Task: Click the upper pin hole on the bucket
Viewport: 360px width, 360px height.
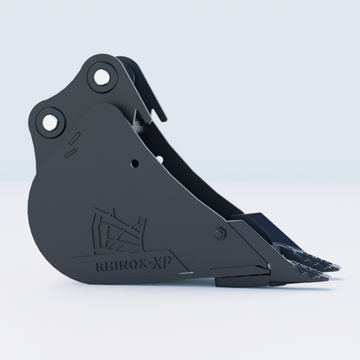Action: pyautogui.click(x=101, y=76)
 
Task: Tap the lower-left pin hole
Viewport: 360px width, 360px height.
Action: pyautogui.click(x=49, y=122)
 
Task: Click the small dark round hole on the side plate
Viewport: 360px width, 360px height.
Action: pyautogui.click(x=134, y=164)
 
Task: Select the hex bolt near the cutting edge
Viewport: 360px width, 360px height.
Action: pyautogui.click(x=221, y=233)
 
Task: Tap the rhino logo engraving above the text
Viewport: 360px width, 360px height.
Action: pyautogui.click(x=119, y=232)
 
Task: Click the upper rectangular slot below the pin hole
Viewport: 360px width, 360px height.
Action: pyautogui.click(x=74, y=138)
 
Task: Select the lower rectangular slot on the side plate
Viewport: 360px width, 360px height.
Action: pyautogui.click(x=70, y=152)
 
